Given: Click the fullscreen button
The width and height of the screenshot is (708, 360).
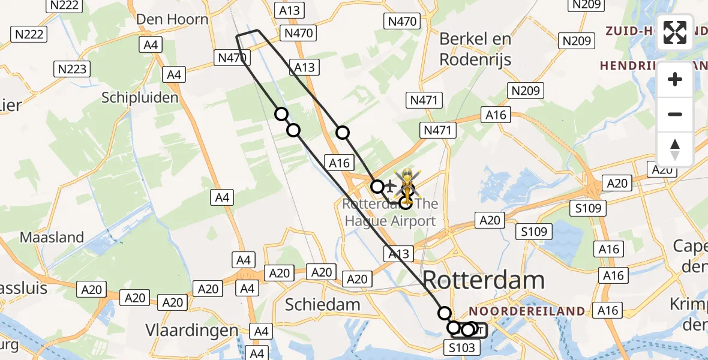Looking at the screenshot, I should pos(675,32).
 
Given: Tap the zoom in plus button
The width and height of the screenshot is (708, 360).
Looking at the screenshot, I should pos(675,79).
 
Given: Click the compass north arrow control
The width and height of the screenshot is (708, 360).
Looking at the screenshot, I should pos(675,149).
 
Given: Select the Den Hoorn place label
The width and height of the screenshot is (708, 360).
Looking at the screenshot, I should pos(172,19).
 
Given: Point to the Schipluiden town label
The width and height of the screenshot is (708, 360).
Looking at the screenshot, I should pos(140,97).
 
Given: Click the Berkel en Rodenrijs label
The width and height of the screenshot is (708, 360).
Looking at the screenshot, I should pos(475,49).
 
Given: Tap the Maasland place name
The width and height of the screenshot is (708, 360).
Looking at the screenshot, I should pos(52,237).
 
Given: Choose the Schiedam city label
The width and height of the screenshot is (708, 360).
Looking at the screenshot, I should pos(322,304).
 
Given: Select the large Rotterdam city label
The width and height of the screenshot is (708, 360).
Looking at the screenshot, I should pos(484,280).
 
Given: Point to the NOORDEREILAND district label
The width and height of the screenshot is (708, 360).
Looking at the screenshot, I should pos(526,311).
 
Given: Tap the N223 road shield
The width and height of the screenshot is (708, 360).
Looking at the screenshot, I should pos(73,69).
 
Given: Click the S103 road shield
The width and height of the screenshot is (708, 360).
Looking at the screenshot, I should pos(461,347).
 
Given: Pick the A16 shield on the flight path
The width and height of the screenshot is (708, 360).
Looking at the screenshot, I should pos(339,162).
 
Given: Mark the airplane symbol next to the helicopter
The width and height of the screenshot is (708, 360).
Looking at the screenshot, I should pos(390,187).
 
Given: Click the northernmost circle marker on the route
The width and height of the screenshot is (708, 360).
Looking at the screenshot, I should pos(281,114).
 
